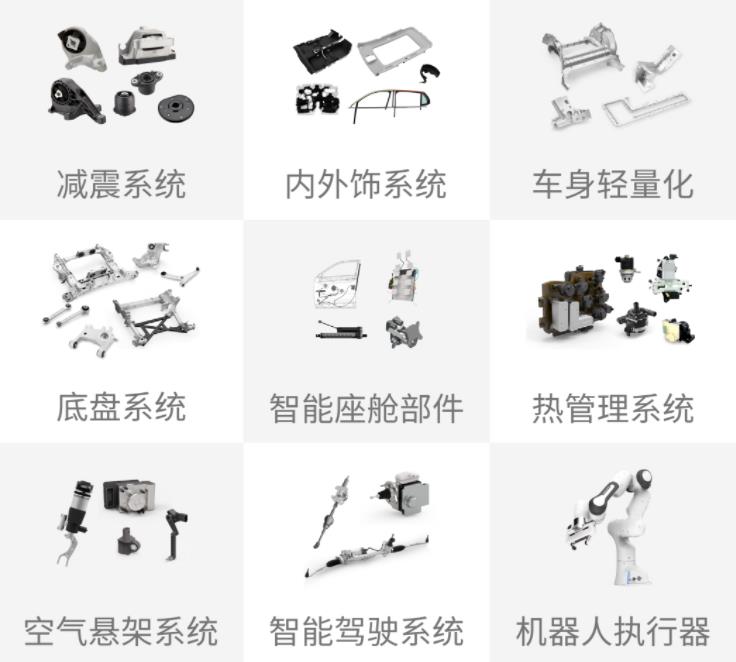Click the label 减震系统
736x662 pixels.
click(121, 184)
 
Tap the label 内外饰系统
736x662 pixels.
click(366, 184)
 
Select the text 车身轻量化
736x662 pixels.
click(613, 184)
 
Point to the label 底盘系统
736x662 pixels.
click(121, 407)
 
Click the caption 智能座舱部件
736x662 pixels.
click(366, 408)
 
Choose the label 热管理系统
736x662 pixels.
click(613, 408)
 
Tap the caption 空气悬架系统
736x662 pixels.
click(121, 631)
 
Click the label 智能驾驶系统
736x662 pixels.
click(366, 631)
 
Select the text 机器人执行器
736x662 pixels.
click(613, 631)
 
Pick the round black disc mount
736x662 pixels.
click(175, 109)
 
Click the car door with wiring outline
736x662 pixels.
click(337, 285)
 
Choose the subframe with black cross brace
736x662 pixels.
click(153, 317)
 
